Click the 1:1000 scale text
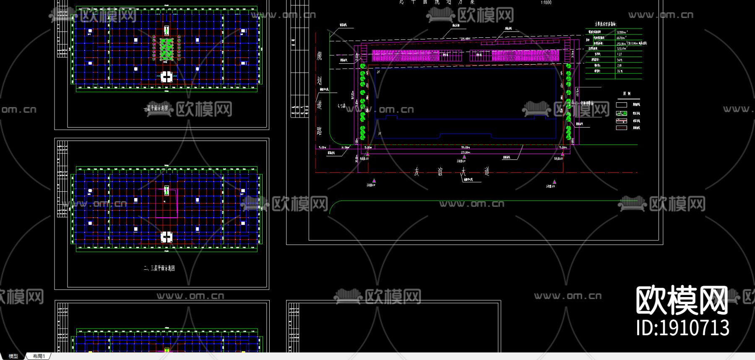point(546,3)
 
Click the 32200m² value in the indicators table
point(622,32)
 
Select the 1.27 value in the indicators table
point(620,54)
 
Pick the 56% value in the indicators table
point(620,60)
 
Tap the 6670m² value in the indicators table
point(621,38)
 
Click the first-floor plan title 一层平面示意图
point(156,108)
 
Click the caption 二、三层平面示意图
point(159,268)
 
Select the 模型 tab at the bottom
point(13,356)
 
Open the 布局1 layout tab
point(39,356)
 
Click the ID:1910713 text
point(682,328)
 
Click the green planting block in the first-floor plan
point(167,50)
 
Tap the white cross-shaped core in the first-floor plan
point(167,77)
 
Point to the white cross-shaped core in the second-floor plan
point(167,237)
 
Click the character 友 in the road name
point(417,172)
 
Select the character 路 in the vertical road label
point(320,131)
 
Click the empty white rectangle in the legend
point(622,104)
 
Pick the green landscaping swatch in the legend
point(622,113)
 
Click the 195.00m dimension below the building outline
point(465,148)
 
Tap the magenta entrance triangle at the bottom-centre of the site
point(464,157)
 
